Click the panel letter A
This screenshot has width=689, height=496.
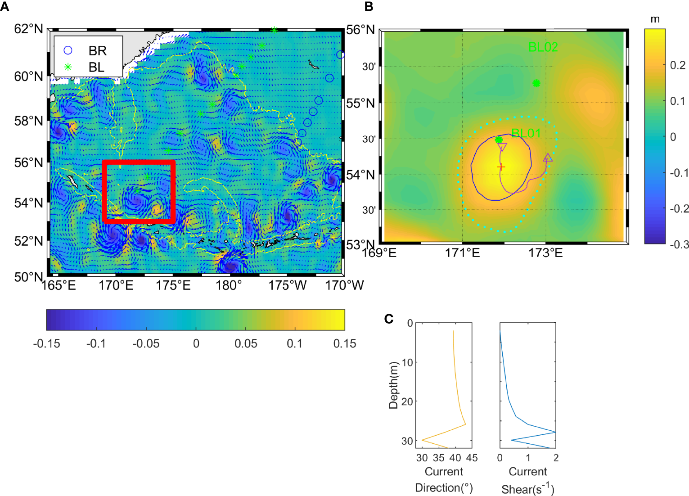pos(5,6)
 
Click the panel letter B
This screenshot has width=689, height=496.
pos(369,6)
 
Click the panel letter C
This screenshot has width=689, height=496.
pos(389,319)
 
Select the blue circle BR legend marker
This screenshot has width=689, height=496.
pos(68,50)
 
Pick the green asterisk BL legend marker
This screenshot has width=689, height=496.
pos(68,67)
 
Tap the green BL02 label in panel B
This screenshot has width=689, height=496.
pos(543,47)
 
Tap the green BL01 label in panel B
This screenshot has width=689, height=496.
pos(526,133)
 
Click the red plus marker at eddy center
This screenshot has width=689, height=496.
pos(501,167)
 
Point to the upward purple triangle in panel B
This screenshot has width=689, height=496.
pos(548,158)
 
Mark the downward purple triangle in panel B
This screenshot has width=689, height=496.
pos(502,147)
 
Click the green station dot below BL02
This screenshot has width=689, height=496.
pos(536,83)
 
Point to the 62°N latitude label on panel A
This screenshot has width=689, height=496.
pos(28,29)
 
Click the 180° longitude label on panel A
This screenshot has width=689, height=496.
pos(229,285)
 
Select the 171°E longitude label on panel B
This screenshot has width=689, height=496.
pos(462,253)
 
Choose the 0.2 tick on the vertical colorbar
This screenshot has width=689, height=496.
pos(677,65)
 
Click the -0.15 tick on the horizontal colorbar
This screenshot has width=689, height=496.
pos(46,344)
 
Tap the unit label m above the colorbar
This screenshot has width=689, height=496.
pos(655,19)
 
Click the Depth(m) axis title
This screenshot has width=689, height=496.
pos(393,385)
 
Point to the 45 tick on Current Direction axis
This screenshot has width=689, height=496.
pos(472,458)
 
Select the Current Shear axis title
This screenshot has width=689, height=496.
pos(528,480)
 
